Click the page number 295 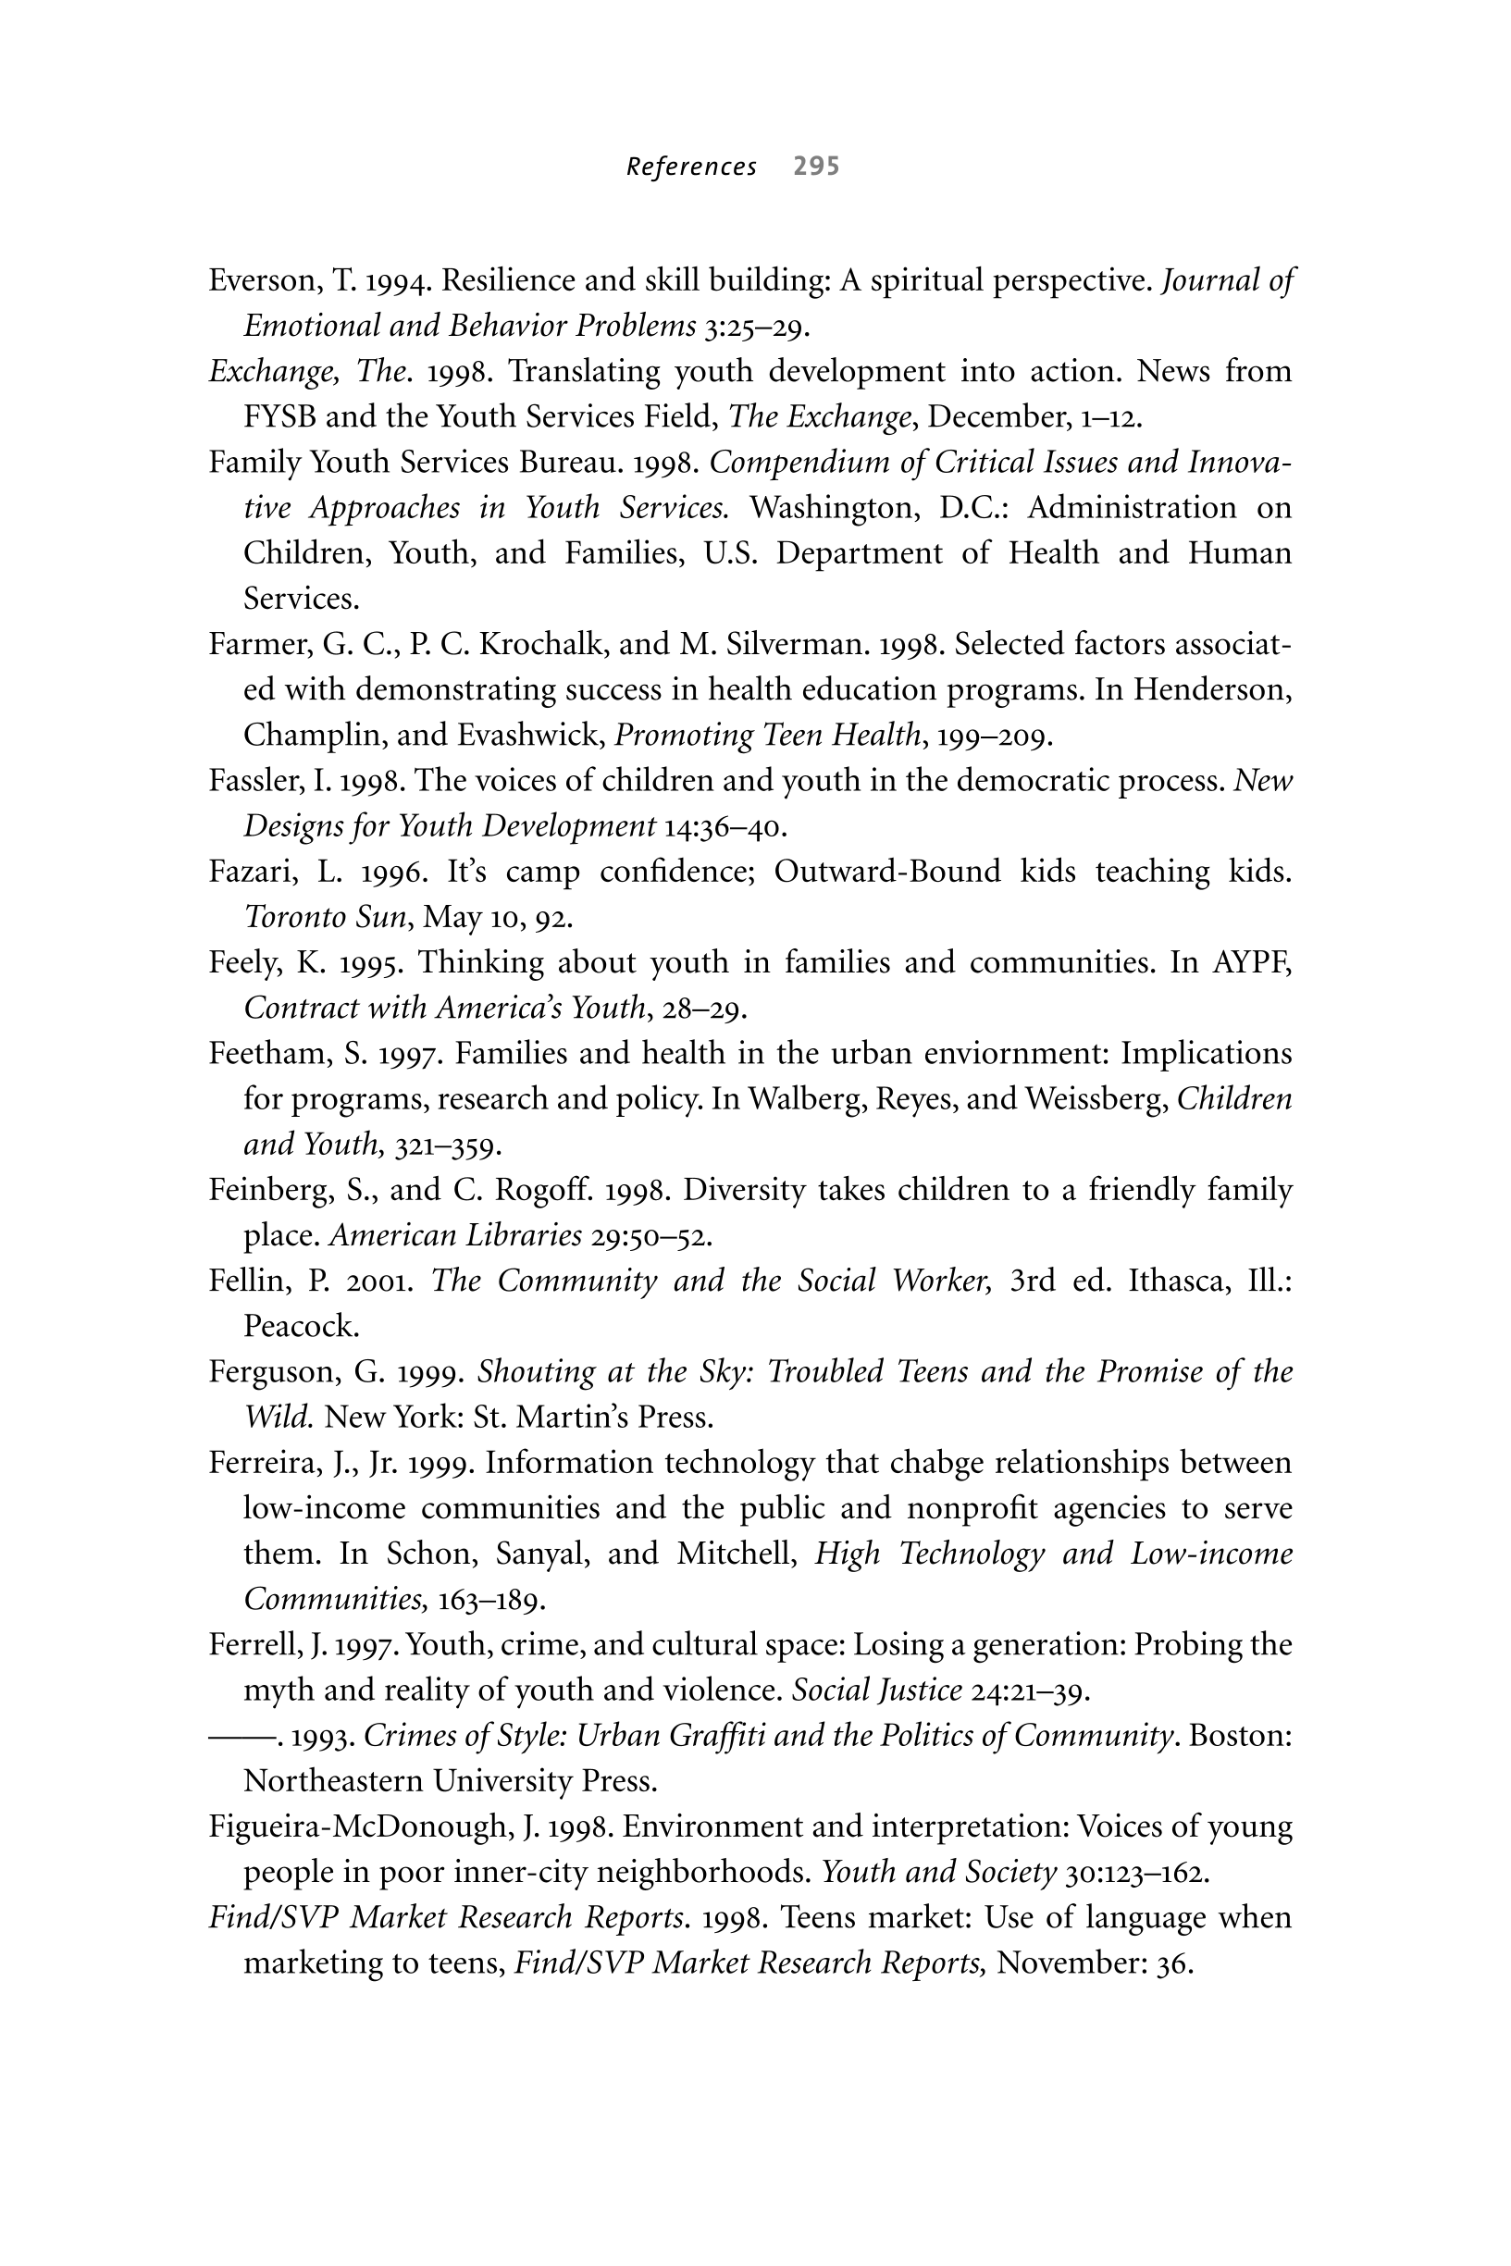click(x=816, y=167)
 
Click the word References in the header click(x=691, y=167)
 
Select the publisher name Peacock click(x=301, y=1327)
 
